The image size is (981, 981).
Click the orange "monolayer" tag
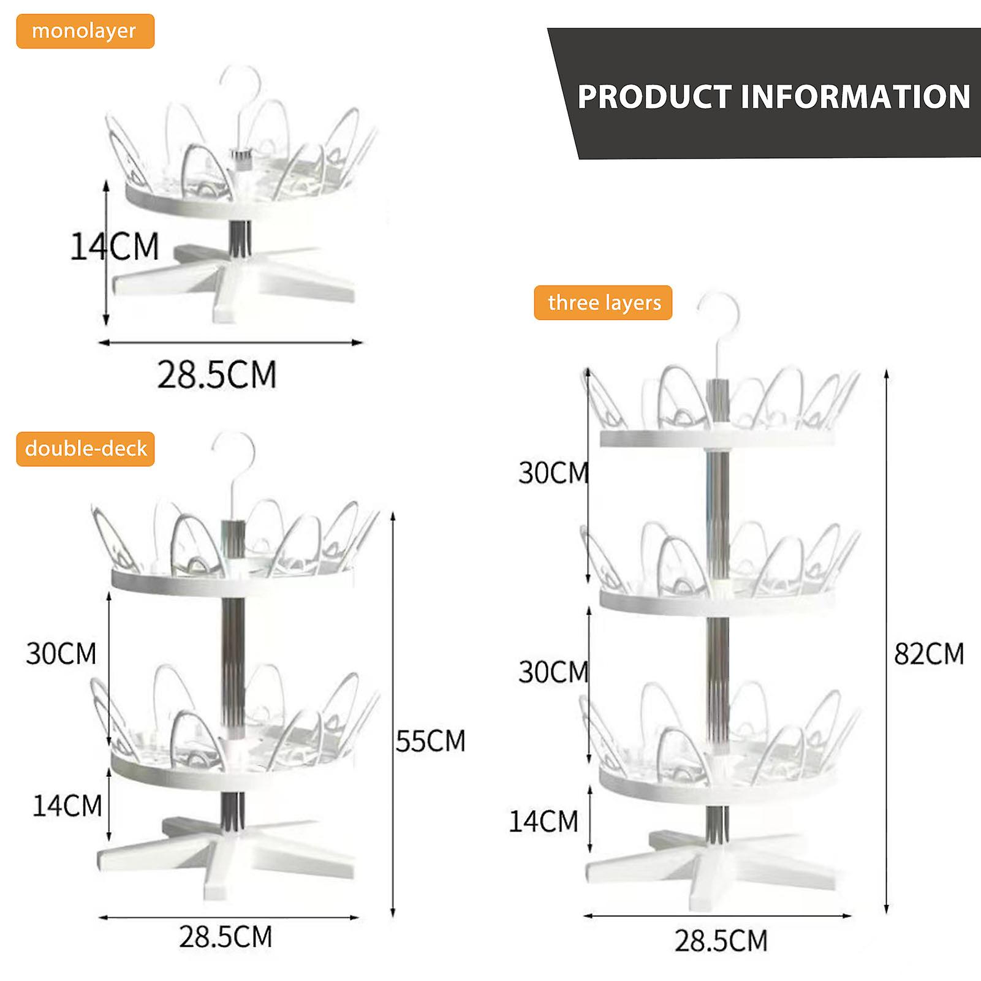[85, 31]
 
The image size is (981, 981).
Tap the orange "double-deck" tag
[86, 449]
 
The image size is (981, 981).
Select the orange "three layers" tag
[604, 303]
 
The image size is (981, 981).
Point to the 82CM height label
[929, 654]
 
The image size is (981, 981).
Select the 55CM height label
[431, 741]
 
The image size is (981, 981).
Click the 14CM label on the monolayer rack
[115, 247]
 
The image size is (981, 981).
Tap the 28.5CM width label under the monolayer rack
[217, 374]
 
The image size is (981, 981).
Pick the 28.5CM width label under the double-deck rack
[225, 937]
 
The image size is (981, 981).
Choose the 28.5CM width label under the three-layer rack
[721, 941]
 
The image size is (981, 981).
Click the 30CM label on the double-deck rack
[61, 654]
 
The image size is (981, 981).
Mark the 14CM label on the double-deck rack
[67, 806]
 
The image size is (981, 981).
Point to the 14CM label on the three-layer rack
[544, 821]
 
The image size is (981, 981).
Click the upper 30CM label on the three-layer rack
[553, 473]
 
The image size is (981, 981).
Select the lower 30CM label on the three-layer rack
[553, 672]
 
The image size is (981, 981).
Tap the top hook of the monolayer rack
[242, 83]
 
